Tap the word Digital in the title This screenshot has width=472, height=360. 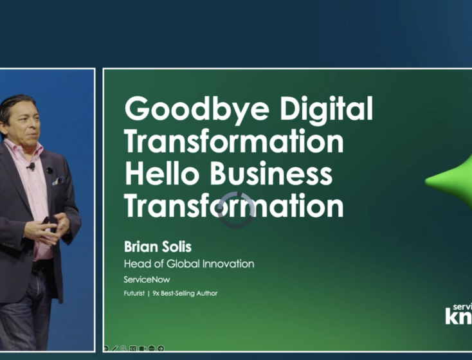click(324, 109)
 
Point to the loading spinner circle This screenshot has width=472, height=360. click(236, 210)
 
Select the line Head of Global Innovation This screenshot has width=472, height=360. click(188, 264)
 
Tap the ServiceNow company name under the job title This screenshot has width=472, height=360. click(147, 280)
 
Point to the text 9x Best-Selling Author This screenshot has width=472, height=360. click(186, 294)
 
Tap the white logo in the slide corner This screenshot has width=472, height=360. click(458, 313)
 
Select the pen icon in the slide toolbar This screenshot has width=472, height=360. click(114, 348)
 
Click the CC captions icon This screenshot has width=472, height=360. click(133, 348)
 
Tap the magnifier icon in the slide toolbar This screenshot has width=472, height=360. click(123, 348)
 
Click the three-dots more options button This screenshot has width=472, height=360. click(152, 348)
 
